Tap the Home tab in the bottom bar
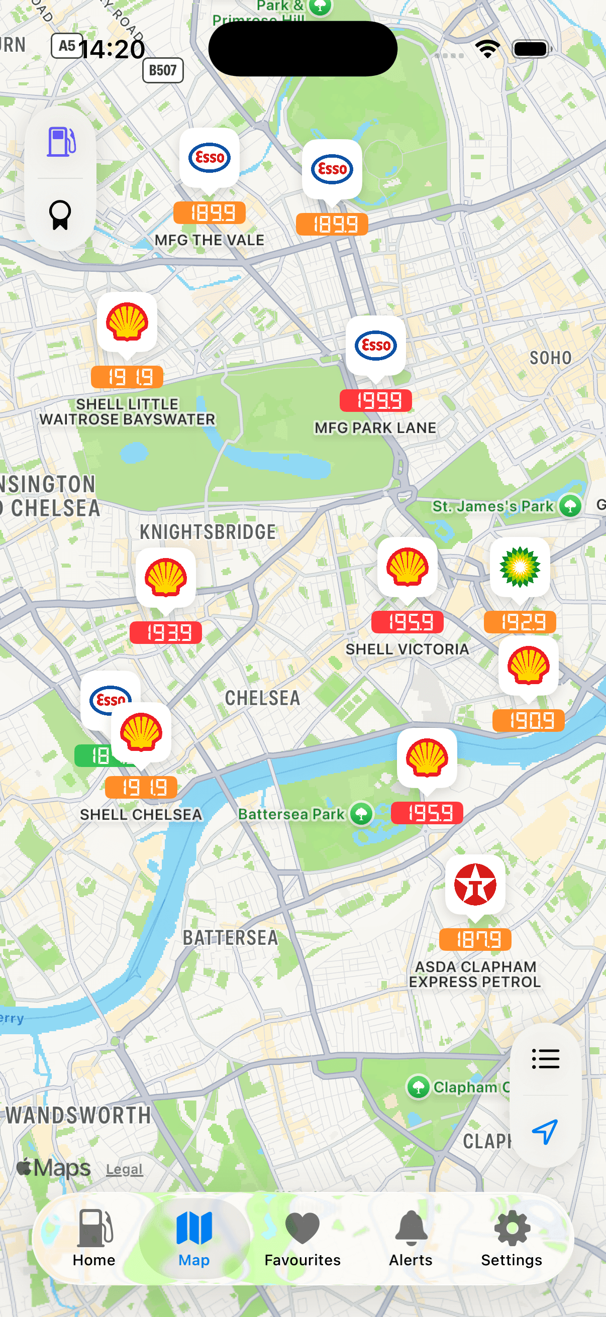pyautogui.click(x=94, y=1237)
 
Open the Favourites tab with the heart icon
pyautogui.click(x=302, y=1237)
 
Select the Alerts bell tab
pyautogui.click(x=411, y=1237)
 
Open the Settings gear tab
pyautogui.click(x=512, y=1237)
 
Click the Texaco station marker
pyautogui.click(x=475, y=885)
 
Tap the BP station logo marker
pyautogui.click(x=520, y=567)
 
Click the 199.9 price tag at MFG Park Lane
pyautogui.click(x=375, y=401)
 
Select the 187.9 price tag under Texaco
pyautogui.click(x=475, y=940)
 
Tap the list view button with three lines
pyautogui.click(x=545, y=1059)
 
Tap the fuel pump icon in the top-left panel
pyautogui.click(x=61, y=142)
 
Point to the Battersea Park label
pyautogui.click(x=291, y=814)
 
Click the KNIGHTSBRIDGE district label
pyautogui.click(x=208, y=532)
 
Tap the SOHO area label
pyautogui.click(x=550, y=358)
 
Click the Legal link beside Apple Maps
pyautogui.click(x=124, y=1169)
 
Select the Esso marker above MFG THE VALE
pyautogui.click(x=209, y=158)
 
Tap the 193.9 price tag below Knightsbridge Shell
pyautogui.click(x=166, y=633)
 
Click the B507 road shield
pyautogui.click(x=163, y=70)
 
